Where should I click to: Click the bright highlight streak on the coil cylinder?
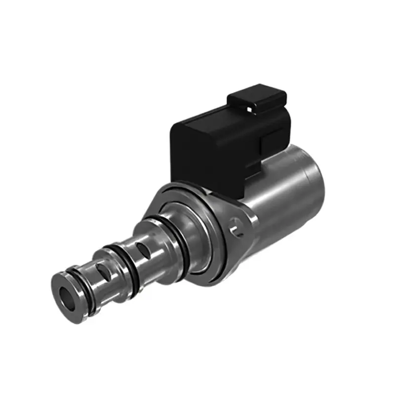(x=276, y=197)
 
